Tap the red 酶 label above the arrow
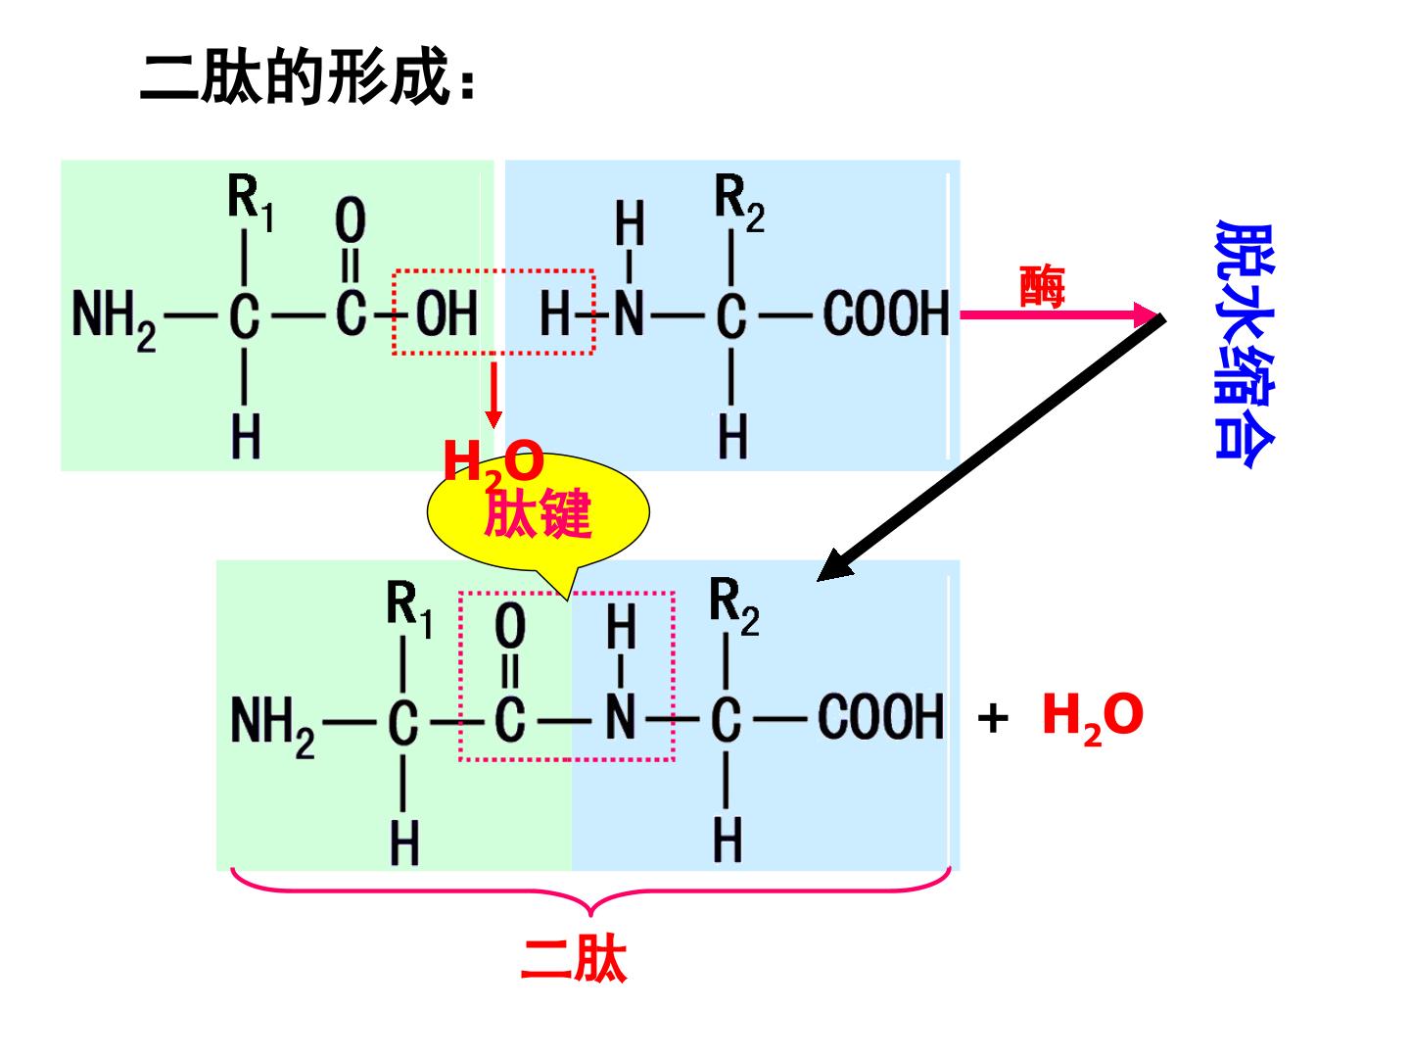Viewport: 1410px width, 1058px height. [x=1042, y=286]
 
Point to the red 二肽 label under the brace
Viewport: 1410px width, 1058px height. [x=573, y=961]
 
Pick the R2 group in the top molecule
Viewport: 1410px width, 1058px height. [x=739, y=203]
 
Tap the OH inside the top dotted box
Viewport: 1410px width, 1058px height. [x=447, y=313]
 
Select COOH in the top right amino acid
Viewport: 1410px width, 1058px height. [x=886, y=313]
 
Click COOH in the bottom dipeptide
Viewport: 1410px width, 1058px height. [x=880, y=717]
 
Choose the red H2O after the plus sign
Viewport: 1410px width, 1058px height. [x=1093, y=718]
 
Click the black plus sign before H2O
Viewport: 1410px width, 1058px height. [x=993, y=718]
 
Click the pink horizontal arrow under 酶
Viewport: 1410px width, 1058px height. [x=1059, y=314]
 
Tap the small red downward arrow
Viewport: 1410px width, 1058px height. [x=493, y=395]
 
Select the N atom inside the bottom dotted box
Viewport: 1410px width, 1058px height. [x=621, y=717]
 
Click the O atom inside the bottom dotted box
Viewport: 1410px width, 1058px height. [x=511, y=626]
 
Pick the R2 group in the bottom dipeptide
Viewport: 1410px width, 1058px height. [x=734, y=606]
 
